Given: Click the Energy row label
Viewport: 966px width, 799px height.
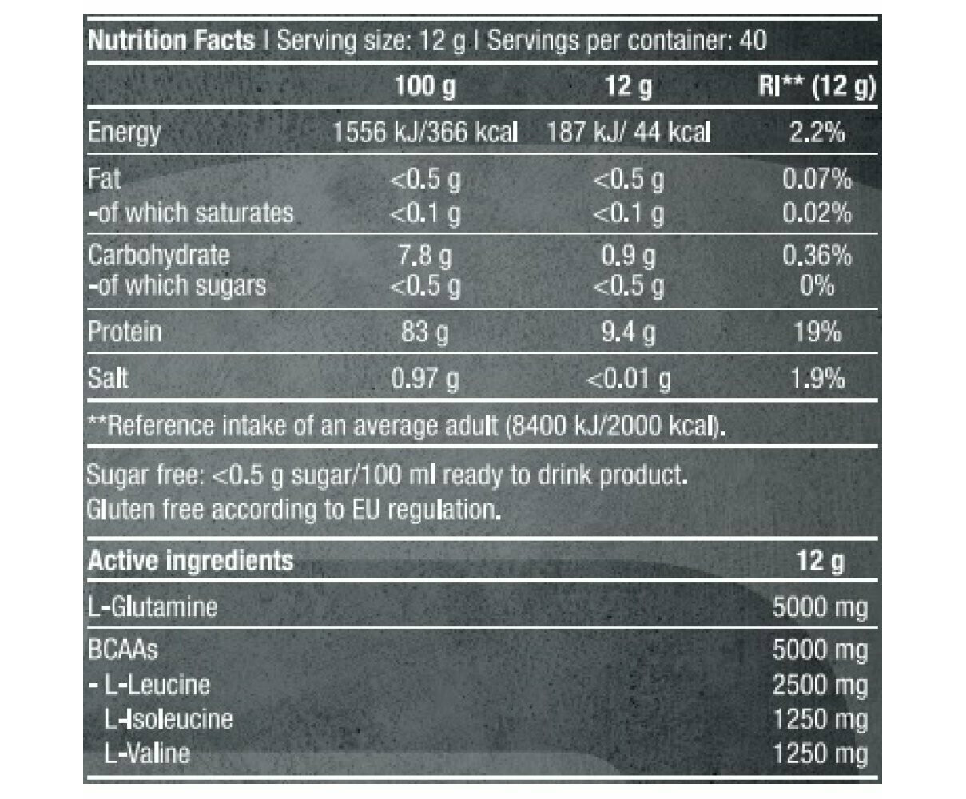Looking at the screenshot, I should pyautogui.click(x=124, y=132).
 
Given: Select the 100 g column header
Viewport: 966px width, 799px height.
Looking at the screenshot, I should pyautogui.click(x=425, y=85).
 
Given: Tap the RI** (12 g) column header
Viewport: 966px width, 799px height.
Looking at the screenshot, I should pyautogui.click(x=816, y=85).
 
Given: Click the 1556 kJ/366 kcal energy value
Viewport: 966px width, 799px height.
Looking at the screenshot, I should pyautogui.click(x=425, y=132).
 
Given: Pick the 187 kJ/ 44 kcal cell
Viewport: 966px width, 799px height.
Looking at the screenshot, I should pyautogui.click(x=628, y=132).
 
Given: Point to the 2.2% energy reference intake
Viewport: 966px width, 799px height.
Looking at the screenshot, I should pyautogui.click(x=817, y=132).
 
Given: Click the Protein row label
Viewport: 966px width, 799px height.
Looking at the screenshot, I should pyautogui.click(x=125, y=332).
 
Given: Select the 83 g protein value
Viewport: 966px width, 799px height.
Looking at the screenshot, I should pyautogui.click(x=425, y=332).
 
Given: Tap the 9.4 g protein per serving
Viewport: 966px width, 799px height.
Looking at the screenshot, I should pyautogui.click(x=628, y=332).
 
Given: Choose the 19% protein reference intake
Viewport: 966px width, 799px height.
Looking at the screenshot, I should pyautogui.click(x=817, y=332).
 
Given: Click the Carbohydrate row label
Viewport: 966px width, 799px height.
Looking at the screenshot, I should pyautogui.click(x=158, y=255).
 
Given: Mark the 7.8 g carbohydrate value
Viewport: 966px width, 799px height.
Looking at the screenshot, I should pyautogui.click(x=425, y=256).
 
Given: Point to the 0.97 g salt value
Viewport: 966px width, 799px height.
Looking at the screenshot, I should pyautogui.click(x=425, y=378).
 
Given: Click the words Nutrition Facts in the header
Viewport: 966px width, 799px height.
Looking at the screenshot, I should pyautogui.click(x=171, y=40).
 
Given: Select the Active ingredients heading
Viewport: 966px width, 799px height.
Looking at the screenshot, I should pyautogui.click(x=190, y=561).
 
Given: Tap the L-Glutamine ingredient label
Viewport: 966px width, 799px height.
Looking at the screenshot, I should pyautogui.click(x=152, y=606).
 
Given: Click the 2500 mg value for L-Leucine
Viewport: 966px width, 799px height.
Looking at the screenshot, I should pyautogui.click(x=820, y=685).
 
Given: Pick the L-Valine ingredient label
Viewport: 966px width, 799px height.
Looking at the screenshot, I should pyautogui.click(x=147, y=753).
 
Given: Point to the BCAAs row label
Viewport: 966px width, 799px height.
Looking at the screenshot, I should pyautogui.click(x=122, y=649).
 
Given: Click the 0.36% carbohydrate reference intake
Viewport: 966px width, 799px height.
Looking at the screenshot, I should pyautogui.click(x=817, y=256).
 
